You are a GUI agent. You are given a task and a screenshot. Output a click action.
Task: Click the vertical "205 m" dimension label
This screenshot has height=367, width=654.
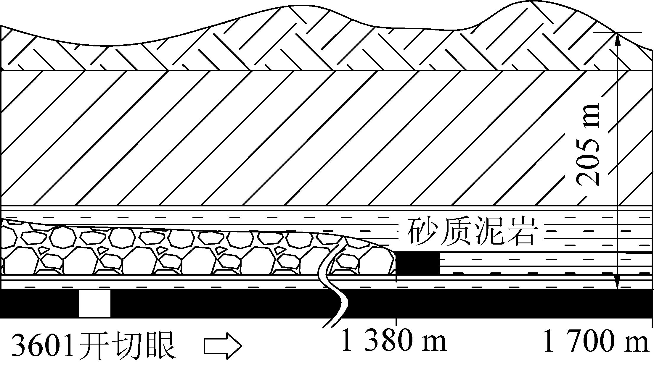pos(588,144)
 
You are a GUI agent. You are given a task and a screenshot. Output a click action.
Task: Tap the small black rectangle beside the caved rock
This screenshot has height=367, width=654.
pos(418,263)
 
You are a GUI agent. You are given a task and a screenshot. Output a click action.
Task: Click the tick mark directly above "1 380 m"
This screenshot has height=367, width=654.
pos(396,323)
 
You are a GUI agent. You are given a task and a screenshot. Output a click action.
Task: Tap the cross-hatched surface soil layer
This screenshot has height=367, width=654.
pos(266,44)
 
